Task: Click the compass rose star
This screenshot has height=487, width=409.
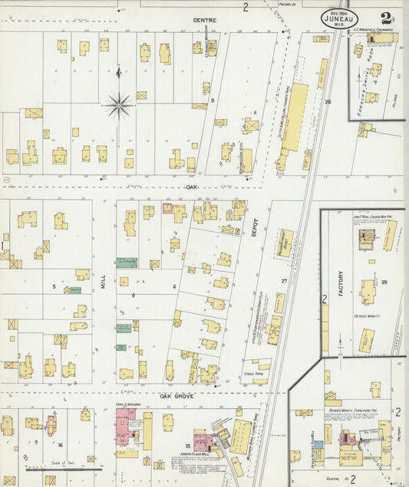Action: (119, 105)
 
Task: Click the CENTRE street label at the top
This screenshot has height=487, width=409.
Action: (203, 20)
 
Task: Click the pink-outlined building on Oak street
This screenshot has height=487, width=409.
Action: (168, 209)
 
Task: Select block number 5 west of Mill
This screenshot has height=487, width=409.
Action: (54, 287)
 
